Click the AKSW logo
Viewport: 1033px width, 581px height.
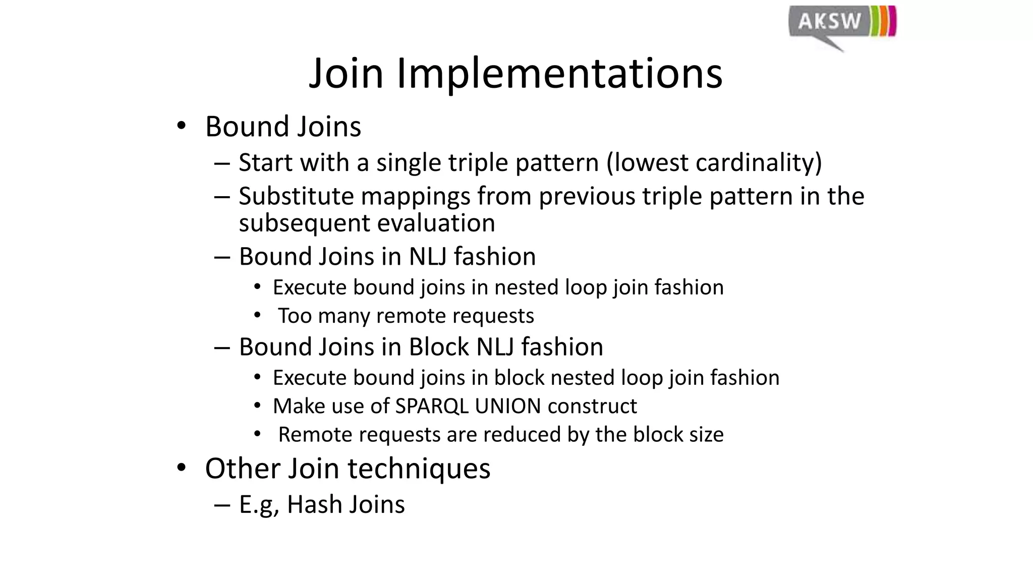click(x=841, y=25)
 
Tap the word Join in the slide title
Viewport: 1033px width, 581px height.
click(x=347, y=74)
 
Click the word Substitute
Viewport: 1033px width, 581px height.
click(x=297, y=196)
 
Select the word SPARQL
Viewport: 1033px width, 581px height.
click(x=432, y=406)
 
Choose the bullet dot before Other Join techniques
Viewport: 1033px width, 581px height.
click(x=181, y=468)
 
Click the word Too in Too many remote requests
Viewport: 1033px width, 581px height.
click(x=295, y=316)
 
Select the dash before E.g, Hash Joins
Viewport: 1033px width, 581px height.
click(x=222, y=504)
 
